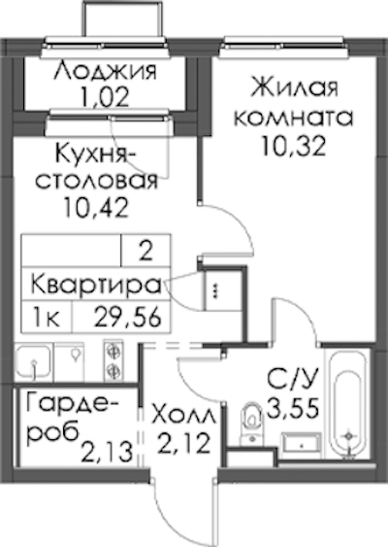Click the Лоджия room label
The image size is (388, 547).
click(106, 71)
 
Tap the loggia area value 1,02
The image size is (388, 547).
click(105, 96)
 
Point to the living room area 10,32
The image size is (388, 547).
click(294, 146)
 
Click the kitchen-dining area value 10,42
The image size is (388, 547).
click(96, 207)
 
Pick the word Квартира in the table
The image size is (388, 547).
click(96, 286)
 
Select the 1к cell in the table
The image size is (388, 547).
click(46, 318)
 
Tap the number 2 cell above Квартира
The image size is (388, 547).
click(145, 252)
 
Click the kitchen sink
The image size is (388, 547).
click(33, 362)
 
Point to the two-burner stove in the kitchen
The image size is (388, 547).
click(113, 362)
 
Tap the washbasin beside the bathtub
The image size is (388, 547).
click(302, 446)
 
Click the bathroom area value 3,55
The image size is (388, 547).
click(293, 407)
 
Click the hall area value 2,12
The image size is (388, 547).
click(184, 443)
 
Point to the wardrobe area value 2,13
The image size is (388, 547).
click(108, 451)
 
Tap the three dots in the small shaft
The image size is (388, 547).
click(215, 291)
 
